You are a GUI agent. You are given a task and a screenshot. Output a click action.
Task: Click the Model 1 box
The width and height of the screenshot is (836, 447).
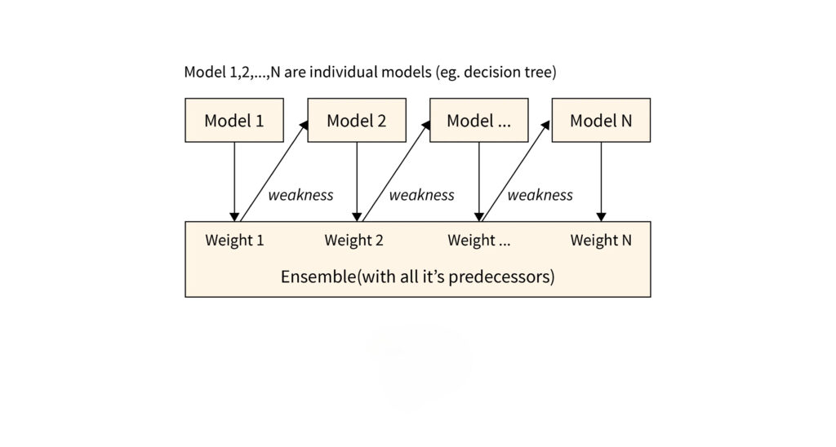(x=234, y=121)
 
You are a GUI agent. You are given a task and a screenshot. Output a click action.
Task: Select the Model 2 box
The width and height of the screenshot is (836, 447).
(x=357, y=121)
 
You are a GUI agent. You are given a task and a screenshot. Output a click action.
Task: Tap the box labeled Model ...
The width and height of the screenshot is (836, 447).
(x=478, y=121)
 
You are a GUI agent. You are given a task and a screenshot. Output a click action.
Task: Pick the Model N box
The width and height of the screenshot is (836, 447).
(x=601, y=121)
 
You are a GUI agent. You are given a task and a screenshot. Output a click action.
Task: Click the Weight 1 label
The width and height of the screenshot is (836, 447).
(x=234, y=240)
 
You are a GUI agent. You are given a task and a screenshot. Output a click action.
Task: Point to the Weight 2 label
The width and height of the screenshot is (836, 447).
(x=354, y=240)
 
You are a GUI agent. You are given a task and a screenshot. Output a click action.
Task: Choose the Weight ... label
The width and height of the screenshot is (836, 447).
(x=478, y=240)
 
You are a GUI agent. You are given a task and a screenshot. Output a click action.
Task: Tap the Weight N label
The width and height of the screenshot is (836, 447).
(x=601, y=240)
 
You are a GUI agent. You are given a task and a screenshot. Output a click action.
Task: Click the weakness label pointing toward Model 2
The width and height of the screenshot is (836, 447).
(x=300, y=195)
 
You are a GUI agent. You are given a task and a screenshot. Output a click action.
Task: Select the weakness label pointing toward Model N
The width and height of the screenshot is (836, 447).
(x=540, y=195)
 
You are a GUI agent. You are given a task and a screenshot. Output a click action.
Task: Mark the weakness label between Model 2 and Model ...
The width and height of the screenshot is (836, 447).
(x=421, y=195)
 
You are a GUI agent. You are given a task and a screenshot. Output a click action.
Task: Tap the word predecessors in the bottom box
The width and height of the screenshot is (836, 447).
(x=505, y=277)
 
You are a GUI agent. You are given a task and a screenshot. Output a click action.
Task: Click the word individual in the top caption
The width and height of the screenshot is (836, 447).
(x=344, y=73)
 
